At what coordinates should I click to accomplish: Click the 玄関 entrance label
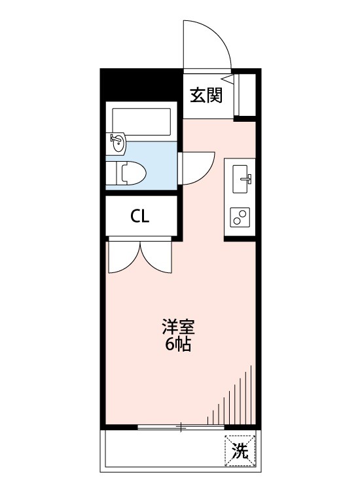206,96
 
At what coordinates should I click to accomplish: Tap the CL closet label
139,217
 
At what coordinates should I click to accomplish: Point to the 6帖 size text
177,345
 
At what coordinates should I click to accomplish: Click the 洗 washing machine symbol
240,450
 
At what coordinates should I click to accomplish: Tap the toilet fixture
131,173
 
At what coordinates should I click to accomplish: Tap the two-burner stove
240,217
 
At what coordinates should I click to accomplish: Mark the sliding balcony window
181,427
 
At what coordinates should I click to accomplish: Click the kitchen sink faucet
247,177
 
